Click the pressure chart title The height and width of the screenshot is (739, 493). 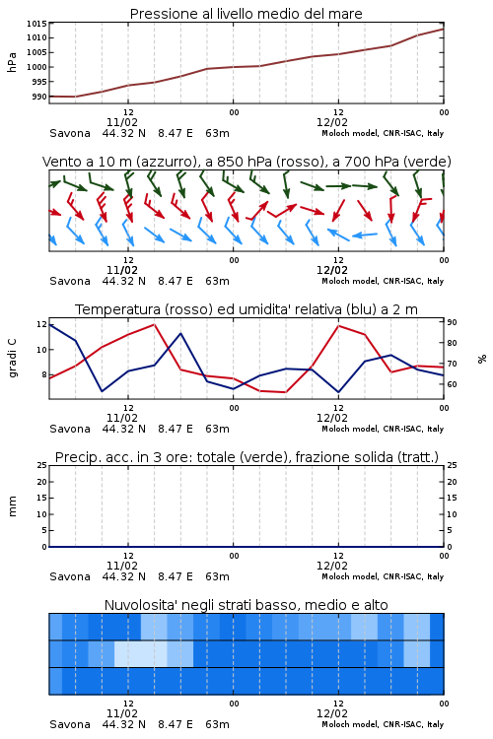(x=246, y=14)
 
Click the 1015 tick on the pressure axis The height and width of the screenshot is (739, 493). (x=36, y=24)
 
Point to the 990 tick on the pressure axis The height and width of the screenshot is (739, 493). (x=39, y=97)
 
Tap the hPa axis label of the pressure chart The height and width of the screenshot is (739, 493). (x=12, y=62)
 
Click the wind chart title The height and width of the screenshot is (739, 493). (x=246, y=162)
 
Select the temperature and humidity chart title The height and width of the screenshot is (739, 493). (x=246, y=309)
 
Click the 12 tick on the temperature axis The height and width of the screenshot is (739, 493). (x=41, y=324)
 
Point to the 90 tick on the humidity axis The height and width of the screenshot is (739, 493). (x=452, y=322)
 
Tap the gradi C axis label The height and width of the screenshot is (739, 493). (x=12, y=359)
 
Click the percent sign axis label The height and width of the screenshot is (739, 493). (x=482, y=359)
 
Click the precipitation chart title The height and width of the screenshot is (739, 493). (x=246, y=457)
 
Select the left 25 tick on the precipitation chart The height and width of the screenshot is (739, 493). (x=41, y=465)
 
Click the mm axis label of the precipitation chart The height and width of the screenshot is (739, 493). (x=12, y=506)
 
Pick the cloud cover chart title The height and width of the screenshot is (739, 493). (x=246, y=605)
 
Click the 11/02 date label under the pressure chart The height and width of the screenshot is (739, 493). (x=122, y=122)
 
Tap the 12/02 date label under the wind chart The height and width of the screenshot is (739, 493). (x=332, y=271)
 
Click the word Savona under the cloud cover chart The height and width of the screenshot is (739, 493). (x=70, y=724)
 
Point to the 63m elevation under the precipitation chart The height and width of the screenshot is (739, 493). (x=217, y=576)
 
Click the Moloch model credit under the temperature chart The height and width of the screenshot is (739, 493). (x=383, y=429)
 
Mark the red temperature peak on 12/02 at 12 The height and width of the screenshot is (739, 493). (x=339, y=326)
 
